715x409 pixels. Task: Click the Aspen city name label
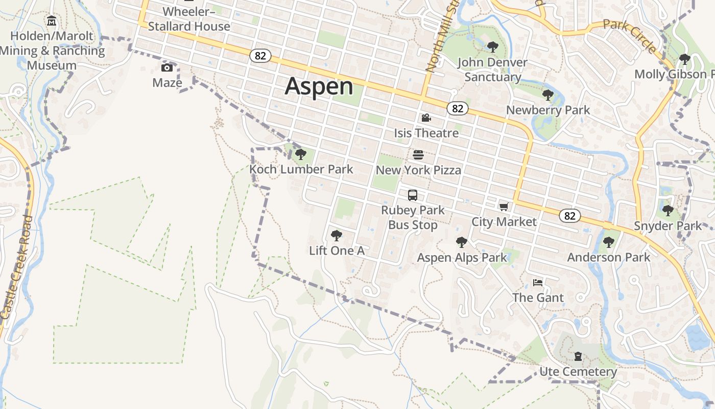[x=319, y=86]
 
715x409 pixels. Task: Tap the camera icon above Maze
[x=167, y=68]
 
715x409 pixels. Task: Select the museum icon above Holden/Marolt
[x=52, y=21]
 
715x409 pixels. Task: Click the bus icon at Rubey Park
[x=413, y=195]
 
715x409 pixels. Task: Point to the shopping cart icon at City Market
[x=504, y=207]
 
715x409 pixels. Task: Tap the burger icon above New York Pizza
[x=418, y=155]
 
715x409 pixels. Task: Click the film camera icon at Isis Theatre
[x=426, y=118]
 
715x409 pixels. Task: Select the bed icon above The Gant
[x=538, y=282]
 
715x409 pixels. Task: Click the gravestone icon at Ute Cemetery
[x=578, y=356]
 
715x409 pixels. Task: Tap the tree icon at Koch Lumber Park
[x=301, y=154]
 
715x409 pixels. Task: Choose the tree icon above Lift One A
[x=336, y=236]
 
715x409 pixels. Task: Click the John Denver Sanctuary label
[x=492, y=70]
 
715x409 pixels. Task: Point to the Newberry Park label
[x=548, y=110]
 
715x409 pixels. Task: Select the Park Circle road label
[x=629, y=36]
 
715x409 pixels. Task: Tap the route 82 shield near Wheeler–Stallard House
[x=260, y=56]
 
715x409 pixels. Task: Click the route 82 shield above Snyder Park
[x=570, y=216]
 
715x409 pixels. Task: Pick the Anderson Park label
[x=609, y=257]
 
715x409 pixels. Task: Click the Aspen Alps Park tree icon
[x=462, y=242]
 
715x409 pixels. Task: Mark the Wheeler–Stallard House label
[x=189, y=19]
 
